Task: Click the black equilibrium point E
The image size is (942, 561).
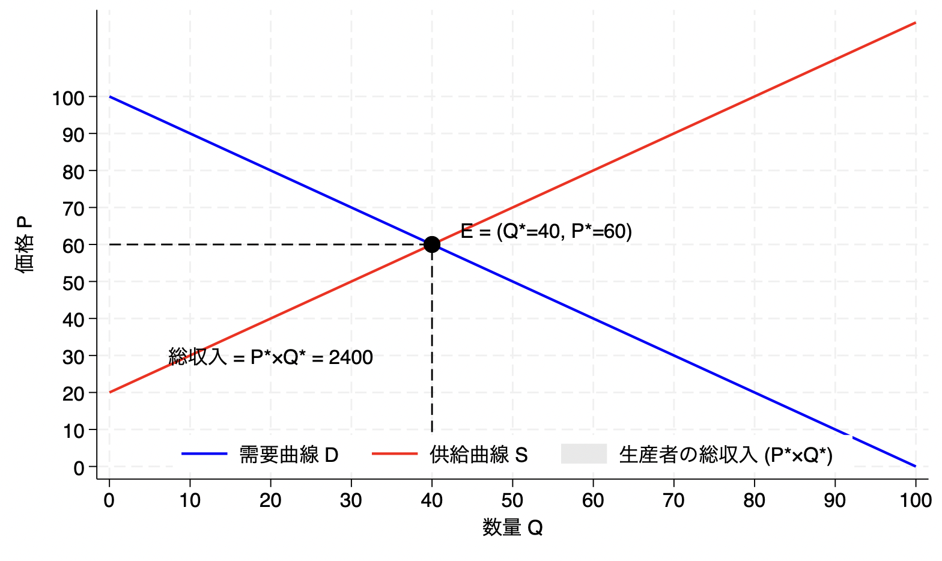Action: (432, 244)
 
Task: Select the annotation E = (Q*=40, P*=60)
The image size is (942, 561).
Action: (546, 231)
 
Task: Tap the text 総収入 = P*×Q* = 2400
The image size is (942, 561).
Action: (270, 357)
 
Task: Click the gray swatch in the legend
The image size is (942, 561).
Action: (583, 454)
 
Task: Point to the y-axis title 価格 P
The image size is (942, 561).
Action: (24, 244)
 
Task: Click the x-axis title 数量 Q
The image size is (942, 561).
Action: (512, 528)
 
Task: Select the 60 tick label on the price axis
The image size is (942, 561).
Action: (74, 245)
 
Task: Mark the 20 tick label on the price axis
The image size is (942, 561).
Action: (74, 393)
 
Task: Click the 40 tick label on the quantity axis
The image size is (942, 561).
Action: (432, 500)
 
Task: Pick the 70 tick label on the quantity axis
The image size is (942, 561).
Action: (673, 500)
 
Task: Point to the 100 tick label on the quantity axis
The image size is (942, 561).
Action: (915, 500)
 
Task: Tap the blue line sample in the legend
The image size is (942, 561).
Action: (204, 454)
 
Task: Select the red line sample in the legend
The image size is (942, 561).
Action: (395, 454)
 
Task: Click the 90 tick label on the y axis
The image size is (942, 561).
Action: (74, 134)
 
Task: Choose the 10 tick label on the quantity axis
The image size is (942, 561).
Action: (190, 500)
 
